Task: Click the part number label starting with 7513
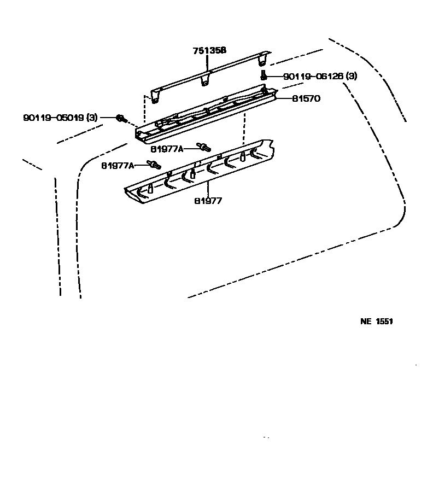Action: coord(209,51)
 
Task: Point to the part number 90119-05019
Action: coord(52,118)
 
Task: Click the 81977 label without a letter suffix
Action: coord(208,201)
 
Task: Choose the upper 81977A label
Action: coord(167,148)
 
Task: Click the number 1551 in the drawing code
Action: coord(384,322)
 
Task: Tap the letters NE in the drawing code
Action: coord(365,322)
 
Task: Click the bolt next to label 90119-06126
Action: coord(263,75)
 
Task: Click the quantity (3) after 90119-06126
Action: coord(351,77)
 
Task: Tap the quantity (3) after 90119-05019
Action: coord(92,118)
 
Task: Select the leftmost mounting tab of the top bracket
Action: coord(156,97)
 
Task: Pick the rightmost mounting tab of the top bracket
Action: coord(264,58)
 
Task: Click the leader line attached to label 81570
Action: coord(283,99)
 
